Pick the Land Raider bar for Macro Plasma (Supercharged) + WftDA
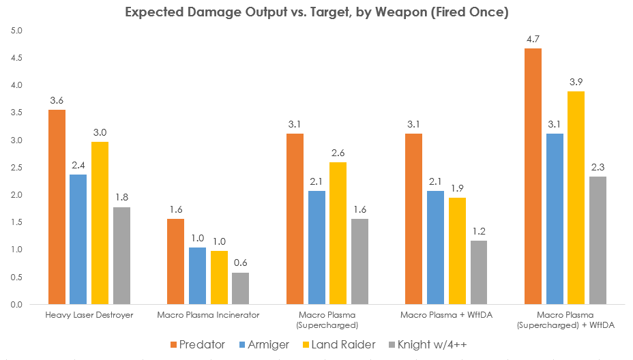pyautogui.click(x=576, y=198)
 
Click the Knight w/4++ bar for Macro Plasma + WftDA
pyautogui.click(x=478, y=272)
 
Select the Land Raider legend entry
pyautogui.click(x=340, y=345)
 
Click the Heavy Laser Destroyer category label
pyautogui.click(x=89, y=315)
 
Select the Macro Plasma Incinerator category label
pyautogui.click(x=208, y=315)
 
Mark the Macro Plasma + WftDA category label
pyautogui.click(x=446, y=315)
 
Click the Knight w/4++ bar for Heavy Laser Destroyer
pyautogui.click(x=121, y=256)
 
